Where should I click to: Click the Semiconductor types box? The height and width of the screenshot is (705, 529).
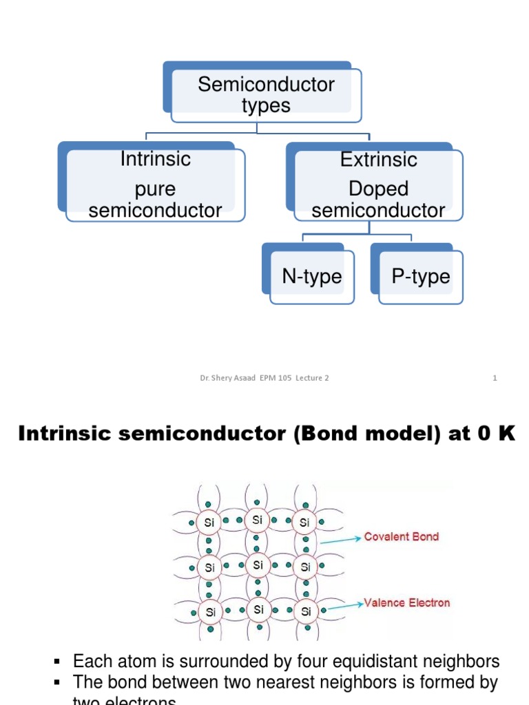coord(266,95)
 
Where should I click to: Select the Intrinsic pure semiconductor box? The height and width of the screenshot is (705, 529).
coord(155,185)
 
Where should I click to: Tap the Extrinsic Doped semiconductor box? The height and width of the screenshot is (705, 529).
coord(378,185)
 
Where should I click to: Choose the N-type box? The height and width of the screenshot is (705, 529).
coord(312,277)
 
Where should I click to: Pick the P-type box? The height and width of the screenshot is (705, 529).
coord(420,277)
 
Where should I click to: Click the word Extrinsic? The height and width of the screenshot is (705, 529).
coord(378,160)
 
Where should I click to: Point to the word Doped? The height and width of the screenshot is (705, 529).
coord(378,189)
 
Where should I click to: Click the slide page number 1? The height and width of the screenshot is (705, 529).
coord(495,378)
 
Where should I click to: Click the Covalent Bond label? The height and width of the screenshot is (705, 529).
coord(402,537)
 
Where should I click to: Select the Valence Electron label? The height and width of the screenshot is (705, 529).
coord(407,602)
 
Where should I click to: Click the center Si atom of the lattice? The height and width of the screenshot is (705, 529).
coord(258,565)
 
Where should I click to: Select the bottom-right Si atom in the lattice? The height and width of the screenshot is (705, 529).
coord(305,611)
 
